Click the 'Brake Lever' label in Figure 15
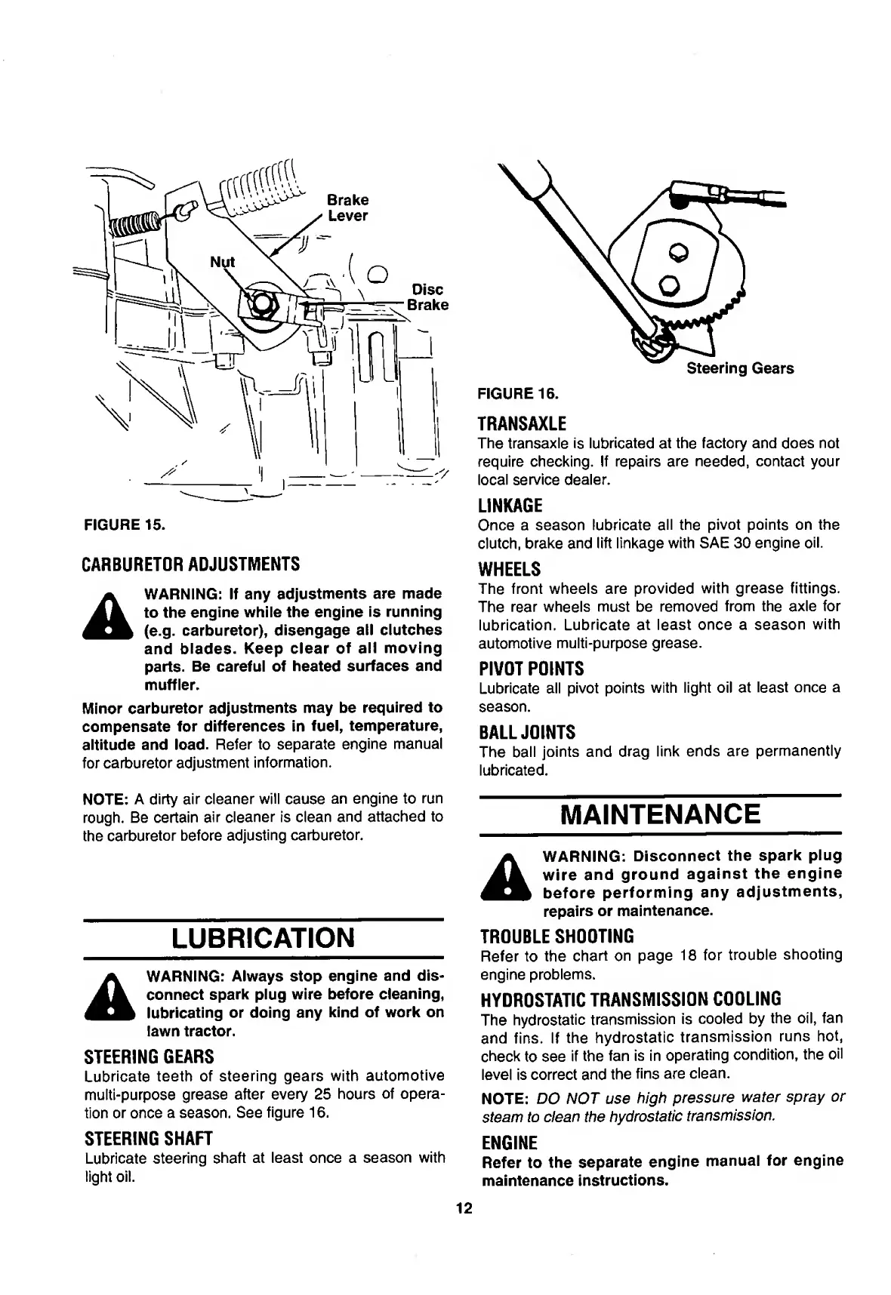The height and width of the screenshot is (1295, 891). pyautogui.click(x=347, y=208)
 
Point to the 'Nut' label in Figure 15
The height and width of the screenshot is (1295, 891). pyautogui.click(x=222, y=262)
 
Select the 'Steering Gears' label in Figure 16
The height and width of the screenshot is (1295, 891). pyautogui.click(x=739, y=368)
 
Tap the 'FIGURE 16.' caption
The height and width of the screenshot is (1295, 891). pyautogui.click(x=516, y=393)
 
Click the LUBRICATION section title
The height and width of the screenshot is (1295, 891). pyautogui.click(x=263, y=938)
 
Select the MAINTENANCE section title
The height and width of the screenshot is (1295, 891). pyautogui.click(x=661, y=814)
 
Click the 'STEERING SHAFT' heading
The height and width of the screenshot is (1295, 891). pyautogui.click(x=149, y=1138)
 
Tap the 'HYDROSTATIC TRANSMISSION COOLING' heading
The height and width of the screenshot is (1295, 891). pyautogui.click(x=630, y=999)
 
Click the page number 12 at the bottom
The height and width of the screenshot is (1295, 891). pyautogui.click(x=464, y=1208)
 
